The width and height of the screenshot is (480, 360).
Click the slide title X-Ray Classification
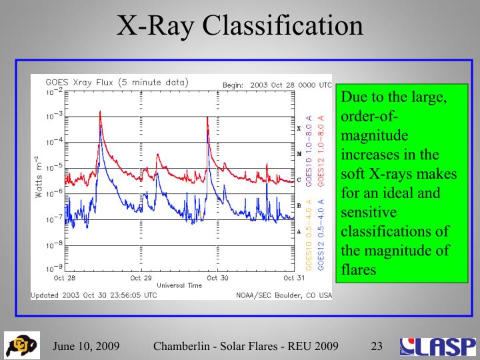[x=240, y=26]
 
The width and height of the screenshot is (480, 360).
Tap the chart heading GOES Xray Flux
[x=117, y=83]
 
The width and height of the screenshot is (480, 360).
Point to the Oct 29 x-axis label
[x=141, y=277]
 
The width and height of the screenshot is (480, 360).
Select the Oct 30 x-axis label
[x=217, y=277]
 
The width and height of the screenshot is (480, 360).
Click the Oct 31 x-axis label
[x=294, y=277]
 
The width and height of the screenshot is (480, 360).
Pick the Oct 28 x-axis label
[x=65, y=277]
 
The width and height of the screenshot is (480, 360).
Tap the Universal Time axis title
[x=179, y=285]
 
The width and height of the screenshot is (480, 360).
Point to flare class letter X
[x=299, y=128]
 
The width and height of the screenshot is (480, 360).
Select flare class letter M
[x=299, y=154]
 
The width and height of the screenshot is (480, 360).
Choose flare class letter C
[x=299, y=180]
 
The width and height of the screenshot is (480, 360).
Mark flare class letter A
[x=299, y=231]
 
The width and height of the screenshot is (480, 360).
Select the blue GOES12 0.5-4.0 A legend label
[x=321, y=233]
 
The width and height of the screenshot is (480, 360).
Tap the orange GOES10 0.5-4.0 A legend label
[x=309, y=233]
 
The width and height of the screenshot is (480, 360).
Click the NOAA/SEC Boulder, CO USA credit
[x=283, y=295]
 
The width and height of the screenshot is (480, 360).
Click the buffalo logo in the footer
[x=21, y=345]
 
